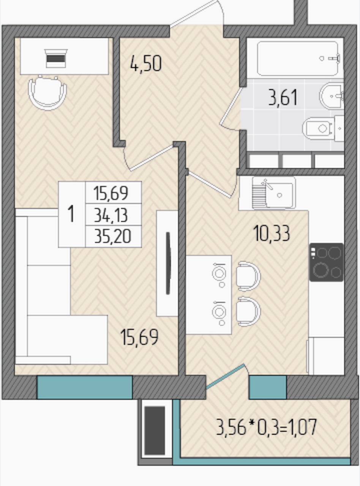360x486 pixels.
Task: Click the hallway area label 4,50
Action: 146,63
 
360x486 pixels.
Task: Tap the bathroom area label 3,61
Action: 283,98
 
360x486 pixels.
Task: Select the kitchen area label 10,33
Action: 272,234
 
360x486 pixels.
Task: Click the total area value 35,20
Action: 113,237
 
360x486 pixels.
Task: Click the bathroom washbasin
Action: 331,96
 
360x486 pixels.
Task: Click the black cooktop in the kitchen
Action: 326,262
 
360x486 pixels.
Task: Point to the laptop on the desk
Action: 56,58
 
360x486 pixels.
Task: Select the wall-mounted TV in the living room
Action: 168,263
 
